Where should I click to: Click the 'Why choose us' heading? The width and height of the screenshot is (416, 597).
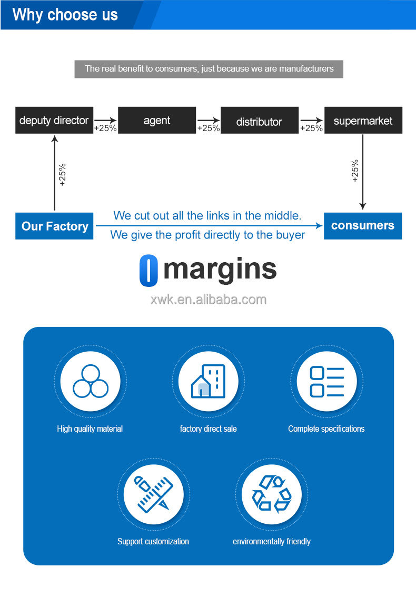coord(65,14)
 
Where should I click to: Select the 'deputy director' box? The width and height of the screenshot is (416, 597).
coord(54,121)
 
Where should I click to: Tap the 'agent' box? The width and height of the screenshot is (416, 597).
coord(157,121)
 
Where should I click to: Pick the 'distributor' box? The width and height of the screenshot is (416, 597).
coord(259,121)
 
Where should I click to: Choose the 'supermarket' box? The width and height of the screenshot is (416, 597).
coord(363,121)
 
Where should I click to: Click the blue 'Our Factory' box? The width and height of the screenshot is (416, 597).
coord(54,226)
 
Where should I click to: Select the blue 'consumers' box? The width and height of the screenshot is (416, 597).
coord(363,226)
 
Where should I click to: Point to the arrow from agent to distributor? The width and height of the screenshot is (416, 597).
coord(209,120)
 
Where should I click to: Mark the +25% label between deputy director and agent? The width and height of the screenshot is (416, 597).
coord(105,128)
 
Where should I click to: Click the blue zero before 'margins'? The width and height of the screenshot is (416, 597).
coord(148,271)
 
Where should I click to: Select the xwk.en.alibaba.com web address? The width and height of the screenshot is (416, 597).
coord(209,300)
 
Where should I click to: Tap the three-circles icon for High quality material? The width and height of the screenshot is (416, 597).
coord(90,381)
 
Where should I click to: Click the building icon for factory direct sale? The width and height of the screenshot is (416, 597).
coord(209,381)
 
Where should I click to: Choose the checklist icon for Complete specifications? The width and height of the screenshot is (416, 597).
coord(326,381)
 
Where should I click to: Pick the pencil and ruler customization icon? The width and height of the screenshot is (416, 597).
coord(153,494)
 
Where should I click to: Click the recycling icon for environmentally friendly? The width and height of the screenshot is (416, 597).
coord(272,494)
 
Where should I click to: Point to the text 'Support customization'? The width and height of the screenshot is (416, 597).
coord(153,541)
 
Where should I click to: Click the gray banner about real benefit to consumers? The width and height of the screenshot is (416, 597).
coord(209,69)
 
